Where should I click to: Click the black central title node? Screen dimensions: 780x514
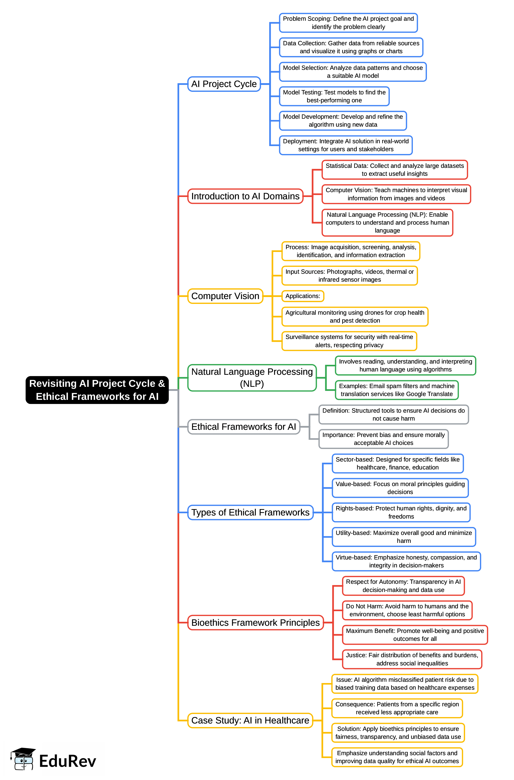[x=97, y=390]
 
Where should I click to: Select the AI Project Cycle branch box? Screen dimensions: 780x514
[x=224, y=84]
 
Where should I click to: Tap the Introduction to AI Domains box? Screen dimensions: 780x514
[x=245, y=196]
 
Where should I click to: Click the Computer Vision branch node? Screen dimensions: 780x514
[x=225, y=296]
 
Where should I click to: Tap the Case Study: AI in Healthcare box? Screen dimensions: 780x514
[x=250, y=720]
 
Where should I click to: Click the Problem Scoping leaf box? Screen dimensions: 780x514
[x=348, y=23]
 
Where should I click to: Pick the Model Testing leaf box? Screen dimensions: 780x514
[x=334, y=96]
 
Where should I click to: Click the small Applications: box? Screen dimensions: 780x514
[x=302, y=296]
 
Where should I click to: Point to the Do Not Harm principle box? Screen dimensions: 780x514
[x=407, y=610]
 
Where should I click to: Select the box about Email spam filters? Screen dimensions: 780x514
[x=396, y=390]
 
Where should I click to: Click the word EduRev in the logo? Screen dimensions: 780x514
[x=68, y=761]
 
